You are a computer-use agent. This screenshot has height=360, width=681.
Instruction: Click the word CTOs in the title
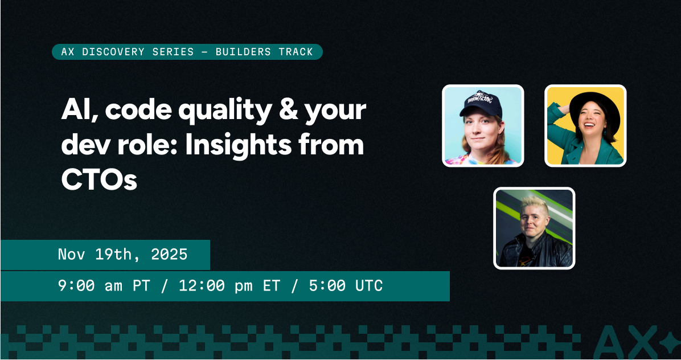pos(99,180)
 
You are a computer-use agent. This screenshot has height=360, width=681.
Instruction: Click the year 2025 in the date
pos(169,254)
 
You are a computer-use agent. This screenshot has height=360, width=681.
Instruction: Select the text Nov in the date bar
pos(71,254)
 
